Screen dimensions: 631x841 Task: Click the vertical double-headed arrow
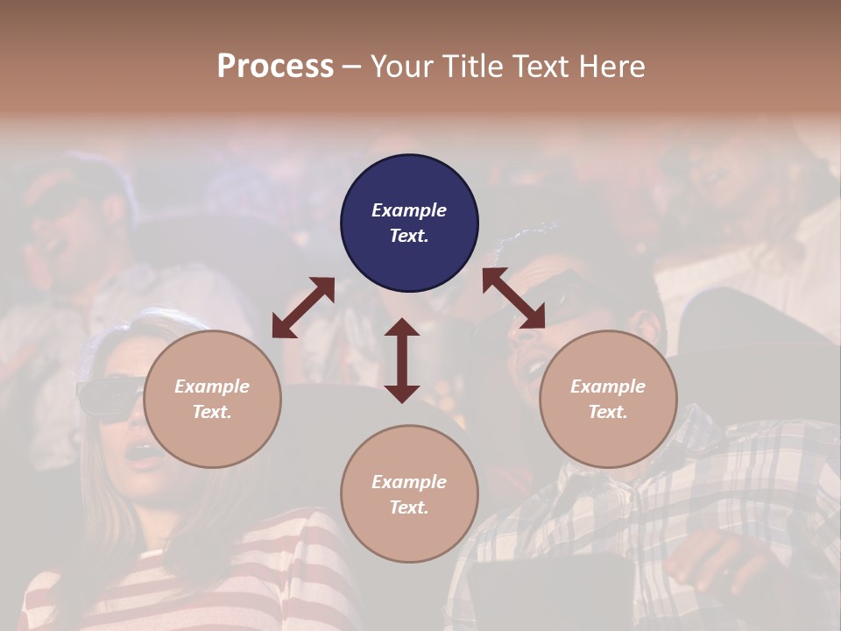click(402, 360)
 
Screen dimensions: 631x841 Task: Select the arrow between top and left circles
click(303, 308)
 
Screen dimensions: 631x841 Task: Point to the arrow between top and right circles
click(513, 298)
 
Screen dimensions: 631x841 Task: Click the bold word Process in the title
click(275, 66)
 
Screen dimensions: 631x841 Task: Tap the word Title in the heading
click(472, 66)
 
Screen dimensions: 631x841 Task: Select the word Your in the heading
click(401, 66)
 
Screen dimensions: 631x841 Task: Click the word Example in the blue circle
click(409, 210)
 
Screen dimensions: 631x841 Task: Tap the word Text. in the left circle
click(212, 412)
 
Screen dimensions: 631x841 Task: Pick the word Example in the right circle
click(608, 386)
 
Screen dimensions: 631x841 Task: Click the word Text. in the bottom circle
click(409, 507)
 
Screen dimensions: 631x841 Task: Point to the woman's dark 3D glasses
click(110, 396)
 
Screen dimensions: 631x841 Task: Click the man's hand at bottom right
click(718, 561)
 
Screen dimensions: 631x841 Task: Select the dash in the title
click(352, 67)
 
